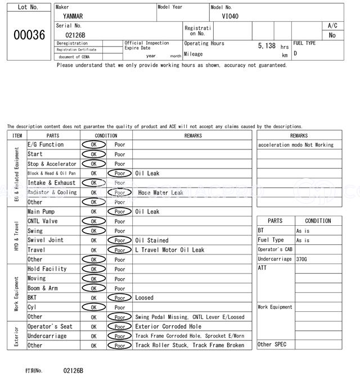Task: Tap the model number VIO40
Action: click(230, 16)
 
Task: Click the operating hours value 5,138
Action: click(267, 46)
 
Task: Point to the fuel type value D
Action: click(295, 53)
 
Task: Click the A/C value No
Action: click(332, 35)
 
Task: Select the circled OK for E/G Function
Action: click(94, 144)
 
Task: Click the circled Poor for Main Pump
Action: click(120, 212)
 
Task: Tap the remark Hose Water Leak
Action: click(161, 193)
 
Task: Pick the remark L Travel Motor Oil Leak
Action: click(170, 250)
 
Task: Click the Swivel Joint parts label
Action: click(46, 240)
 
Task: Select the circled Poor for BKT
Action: click(120, 298)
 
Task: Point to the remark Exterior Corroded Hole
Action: click(168, 326)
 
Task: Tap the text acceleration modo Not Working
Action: click(296, 145)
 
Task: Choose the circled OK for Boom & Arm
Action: click(94, 288)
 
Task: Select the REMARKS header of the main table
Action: click(192, 135)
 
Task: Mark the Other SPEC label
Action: click(272, 344)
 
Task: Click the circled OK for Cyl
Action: click(94, 307)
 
